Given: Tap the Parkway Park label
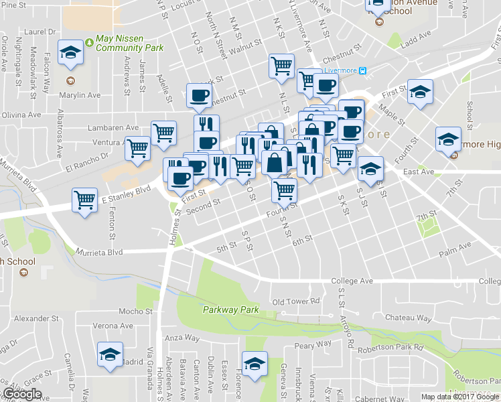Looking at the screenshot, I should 231,310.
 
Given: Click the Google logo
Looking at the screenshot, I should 22,395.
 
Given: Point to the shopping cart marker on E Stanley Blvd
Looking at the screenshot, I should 85,200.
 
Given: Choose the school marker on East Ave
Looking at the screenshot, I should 370,169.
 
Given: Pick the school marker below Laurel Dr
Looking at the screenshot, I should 69,53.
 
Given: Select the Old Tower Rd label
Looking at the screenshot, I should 297,301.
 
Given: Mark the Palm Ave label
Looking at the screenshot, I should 453,255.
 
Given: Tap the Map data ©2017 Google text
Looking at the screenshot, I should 459,397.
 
